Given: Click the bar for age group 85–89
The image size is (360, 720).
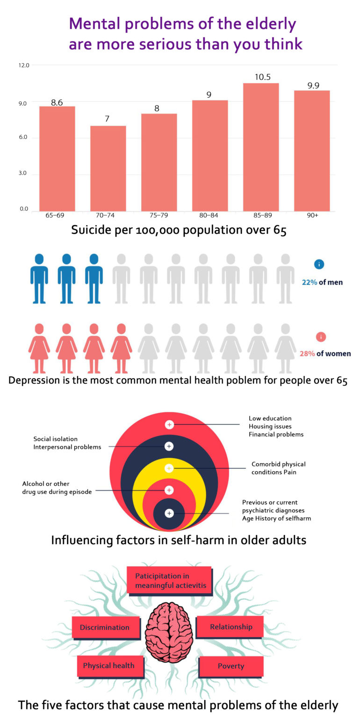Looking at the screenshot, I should coord(261,147).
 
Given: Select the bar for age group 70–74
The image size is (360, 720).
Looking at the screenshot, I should coord(108,168).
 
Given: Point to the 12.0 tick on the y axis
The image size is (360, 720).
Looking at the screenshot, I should coord(24,65).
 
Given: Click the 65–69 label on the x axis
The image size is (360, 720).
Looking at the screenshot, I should coord(55,216).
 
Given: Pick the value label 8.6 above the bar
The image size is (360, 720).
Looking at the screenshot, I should coord(57,102).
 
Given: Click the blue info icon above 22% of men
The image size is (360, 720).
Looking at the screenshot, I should coord(319,264).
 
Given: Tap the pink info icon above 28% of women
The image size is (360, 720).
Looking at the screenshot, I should coord(321,337).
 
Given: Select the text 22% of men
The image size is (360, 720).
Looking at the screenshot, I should coord(322,282).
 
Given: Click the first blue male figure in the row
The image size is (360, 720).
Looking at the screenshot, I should coord(39,279).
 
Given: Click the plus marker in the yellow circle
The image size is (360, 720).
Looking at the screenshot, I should coord(169,468).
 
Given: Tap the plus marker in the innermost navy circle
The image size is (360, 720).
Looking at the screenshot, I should coord(169,513).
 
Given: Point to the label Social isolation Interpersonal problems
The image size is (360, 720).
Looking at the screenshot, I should coord(67,443).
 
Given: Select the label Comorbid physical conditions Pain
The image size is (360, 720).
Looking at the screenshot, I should coord(278,468).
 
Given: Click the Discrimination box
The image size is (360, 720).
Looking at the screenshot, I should coord(105,627).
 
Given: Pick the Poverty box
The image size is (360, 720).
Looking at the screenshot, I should coord(231,666).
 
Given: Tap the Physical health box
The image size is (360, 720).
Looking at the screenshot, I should coord(108,666).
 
